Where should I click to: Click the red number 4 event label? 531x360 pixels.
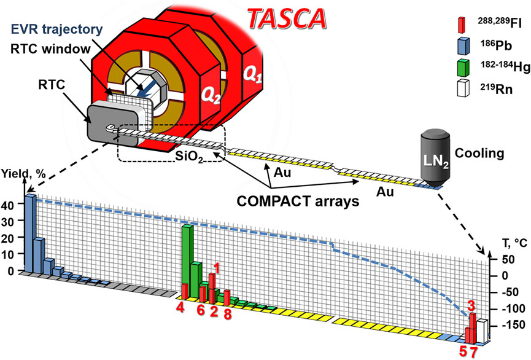[181, 305]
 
